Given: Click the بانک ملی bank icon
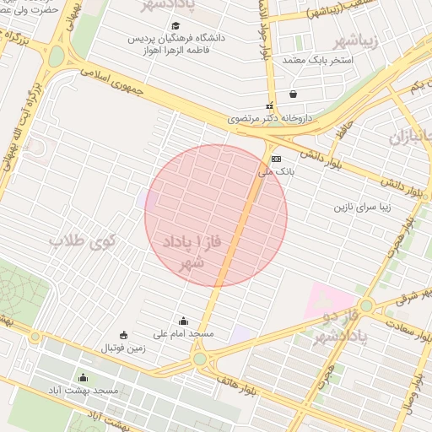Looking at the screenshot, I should (276, 159).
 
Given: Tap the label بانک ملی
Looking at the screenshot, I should (274, 171).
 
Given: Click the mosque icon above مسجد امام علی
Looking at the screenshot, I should (184, 321).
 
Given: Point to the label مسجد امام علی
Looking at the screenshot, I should (184, 334).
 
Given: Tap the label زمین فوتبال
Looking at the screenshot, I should (124, 348).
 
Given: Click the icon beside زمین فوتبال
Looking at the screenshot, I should (124, 335).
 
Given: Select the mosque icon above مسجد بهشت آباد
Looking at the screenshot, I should (83, 377).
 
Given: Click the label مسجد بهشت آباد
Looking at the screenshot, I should (83, 391).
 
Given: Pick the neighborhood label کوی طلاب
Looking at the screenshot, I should (81, 243).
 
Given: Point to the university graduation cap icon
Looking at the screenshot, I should (175, 26).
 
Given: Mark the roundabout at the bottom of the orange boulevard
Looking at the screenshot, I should (199, 359).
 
